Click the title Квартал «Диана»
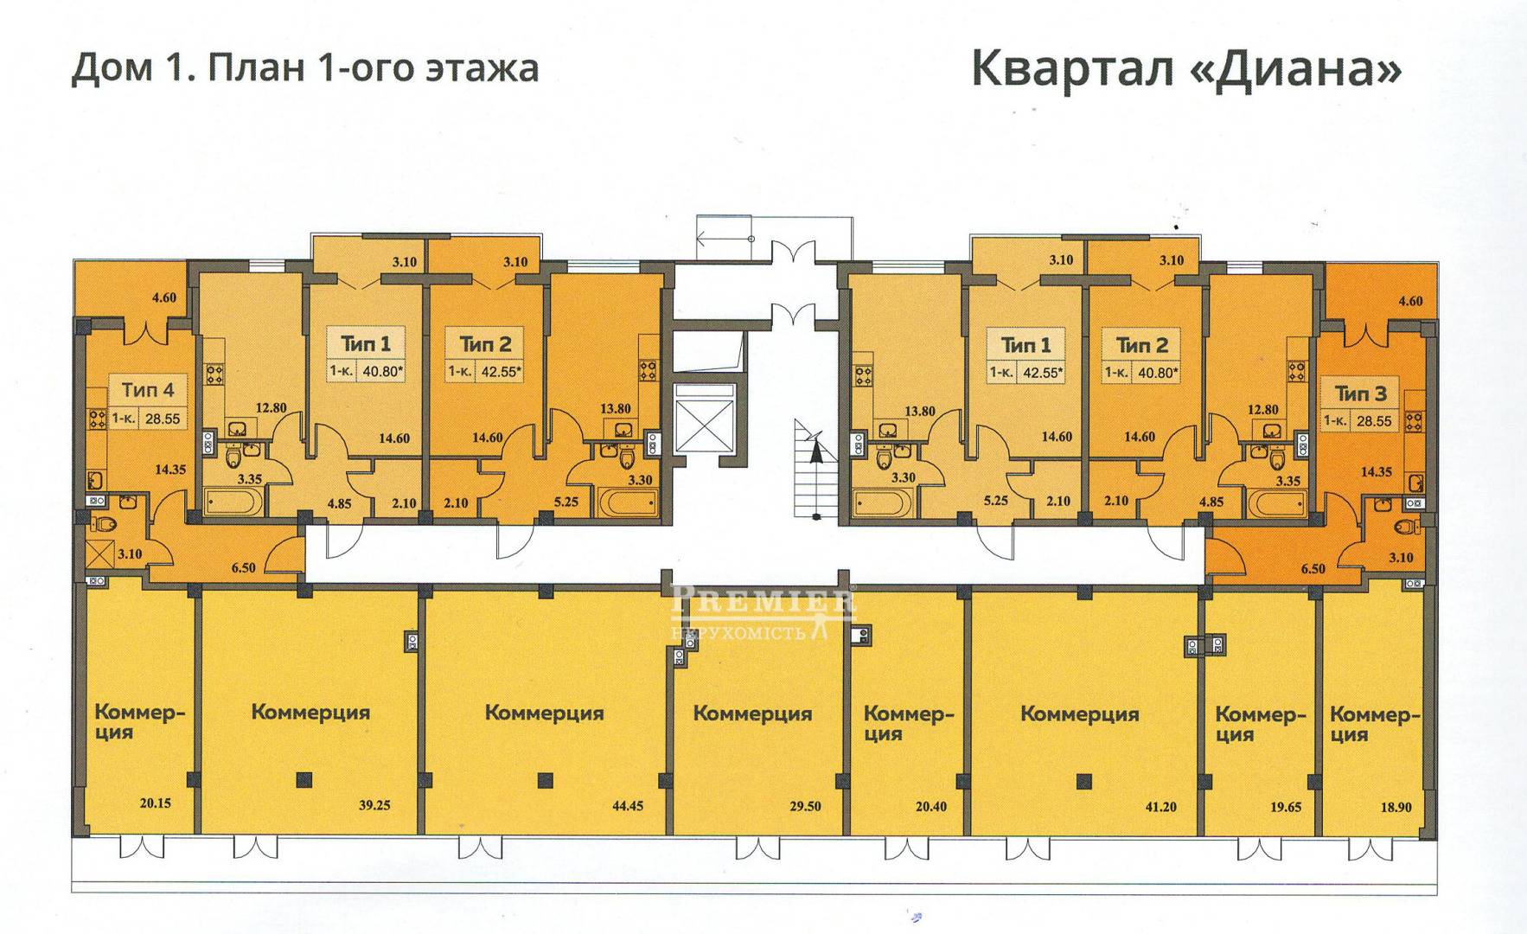click(x=1186, y=69)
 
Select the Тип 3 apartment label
click(x=1360, y=393)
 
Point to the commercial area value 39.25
click(x=374, y=805)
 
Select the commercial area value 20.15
click(x=154, y=803)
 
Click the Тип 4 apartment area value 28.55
click(x=163, y=419)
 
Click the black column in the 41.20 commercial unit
click(x=1084, y=781)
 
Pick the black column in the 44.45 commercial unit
click(x=543, y=781)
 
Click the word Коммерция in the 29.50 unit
click(x=752, y=713)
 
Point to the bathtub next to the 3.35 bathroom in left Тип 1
click(x=234, y=500)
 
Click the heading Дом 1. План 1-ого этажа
click(x=304, y=68)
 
